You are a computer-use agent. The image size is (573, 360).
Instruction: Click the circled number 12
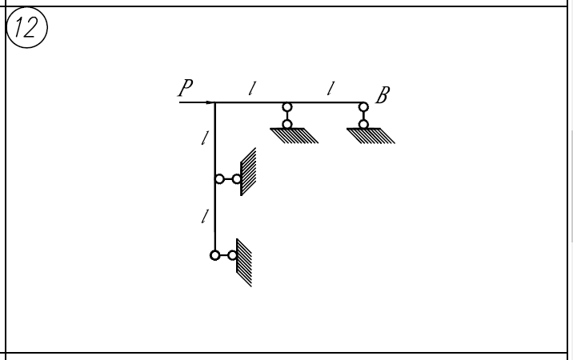[26, 28]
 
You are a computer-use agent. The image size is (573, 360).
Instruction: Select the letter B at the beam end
[382, 97]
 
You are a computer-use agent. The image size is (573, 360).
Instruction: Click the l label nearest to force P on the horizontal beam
[251, 88]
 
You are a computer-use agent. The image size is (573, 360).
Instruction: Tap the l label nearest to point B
[329, 88]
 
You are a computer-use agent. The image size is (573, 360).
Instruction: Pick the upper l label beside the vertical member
[204, 138]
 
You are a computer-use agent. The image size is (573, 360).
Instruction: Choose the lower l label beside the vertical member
[204, 215]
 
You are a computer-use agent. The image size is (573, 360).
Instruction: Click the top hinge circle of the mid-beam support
[287, 107]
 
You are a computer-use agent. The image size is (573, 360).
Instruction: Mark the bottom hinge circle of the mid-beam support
[287, 124]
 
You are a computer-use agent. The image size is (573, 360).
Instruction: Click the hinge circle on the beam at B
[363, 106]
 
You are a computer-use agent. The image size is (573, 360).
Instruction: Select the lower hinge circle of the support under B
[363, 124]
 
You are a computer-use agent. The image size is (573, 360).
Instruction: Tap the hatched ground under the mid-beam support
[295, 135]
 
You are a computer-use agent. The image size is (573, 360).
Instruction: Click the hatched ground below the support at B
[371, 135]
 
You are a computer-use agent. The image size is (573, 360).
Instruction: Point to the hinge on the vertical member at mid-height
[219, 179]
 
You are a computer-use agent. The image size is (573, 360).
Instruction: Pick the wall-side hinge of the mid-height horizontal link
[237, 179]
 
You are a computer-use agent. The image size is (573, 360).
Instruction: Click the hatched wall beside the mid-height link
[248, 172]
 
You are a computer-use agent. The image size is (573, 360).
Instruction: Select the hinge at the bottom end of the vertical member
[214, 255]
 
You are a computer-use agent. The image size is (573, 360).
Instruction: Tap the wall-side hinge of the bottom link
[232, 255]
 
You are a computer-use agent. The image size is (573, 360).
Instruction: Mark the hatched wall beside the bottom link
[244, 262]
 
